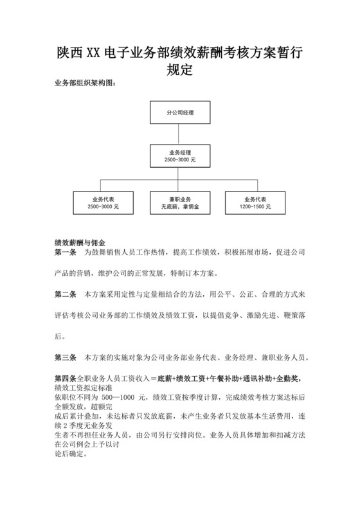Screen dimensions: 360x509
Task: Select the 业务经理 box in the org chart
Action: click(x=179, y=154)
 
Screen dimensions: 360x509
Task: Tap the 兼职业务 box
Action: click(x=179, y=202)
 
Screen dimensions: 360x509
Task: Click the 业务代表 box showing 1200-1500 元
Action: click(x=255, y=202)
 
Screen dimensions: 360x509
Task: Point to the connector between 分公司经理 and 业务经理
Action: click(x=179, y=134)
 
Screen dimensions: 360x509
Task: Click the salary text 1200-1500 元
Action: click(x=255, y=207)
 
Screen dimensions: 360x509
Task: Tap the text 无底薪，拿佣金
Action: click(x=179, y=207)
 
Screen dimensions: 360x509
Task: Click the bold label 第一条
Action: click(x=66, y=253)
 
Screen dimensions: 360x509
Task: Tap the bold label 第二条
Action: click(x=66, y=294)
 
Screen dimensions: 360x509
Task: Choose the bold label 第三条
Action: click(x=66, y=356)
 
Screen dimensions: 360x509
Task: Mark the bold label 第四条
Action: click(x=65, y=378)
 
